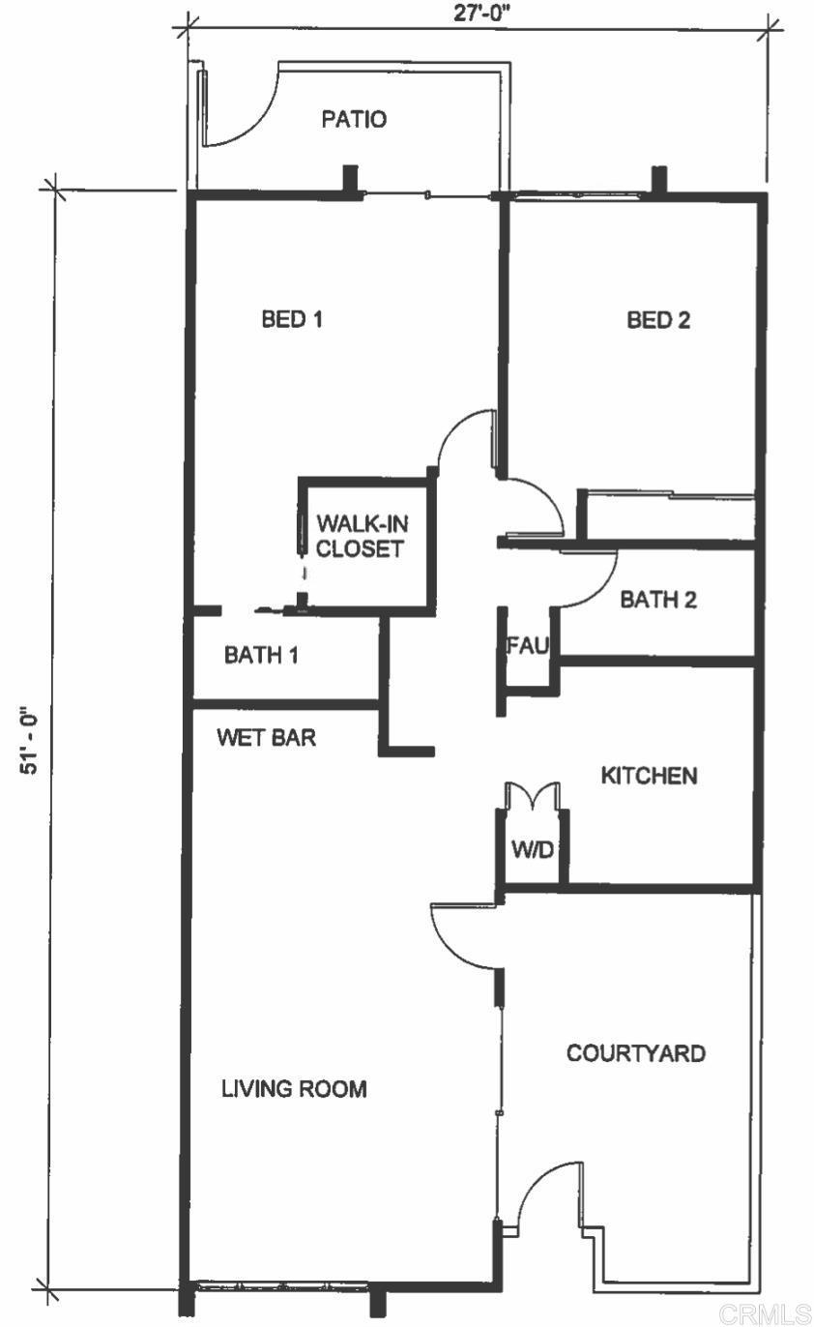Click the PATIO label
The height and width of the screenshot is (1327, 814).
(x=354, y=119)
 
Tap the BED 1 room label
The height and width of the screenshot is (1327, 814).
(x=292, y=319)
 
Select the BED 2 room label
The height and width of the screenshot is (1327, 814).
(x=658, y=320)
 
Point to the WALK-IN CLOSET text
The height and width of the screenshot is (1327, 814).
(x=362, y=536)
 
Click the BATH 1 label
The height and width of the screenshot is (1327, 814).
(x=261, y=655)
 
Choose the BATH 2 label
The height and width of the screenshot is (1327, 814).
(x=657, y=600)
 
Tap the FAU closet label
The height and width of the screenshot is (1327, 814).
(x=528, y=645)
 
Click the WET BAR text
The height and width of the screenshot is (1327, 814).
(x=267, y=738)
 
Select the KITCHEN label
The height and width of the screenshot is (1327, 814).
(x=649, y=776)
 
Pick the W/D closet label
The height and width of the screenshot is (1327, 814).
(x=533, y=850)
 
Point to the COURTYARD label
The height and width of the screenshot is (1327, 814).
(x=636, y=1052)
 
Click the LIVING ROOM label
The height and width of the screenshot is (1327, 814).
(x=294, y=1088)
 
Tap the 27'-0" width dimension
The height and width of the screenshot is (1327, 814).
(x=481, y=13)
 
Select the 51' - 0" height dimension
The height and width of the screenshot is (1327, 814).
(x=29, y=740)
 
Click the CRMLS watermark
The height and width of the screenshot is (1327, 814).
(x=765, y=1314)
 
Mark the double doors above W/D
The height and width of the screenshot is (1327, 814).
(x=533, y=795)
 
